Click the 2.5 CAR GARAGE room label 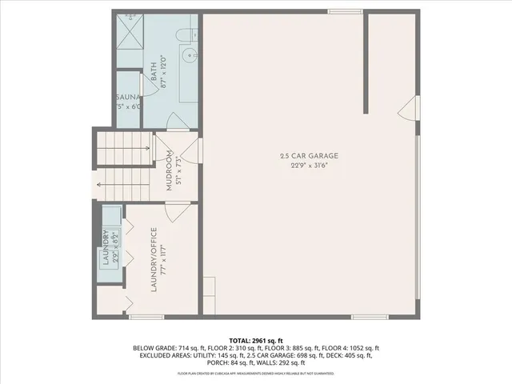click(309, 155)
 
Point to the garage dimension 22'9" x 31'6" click(309, 166)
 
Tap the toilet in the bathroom click(183, 34)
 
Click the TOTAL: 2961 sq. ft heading click(256, 340)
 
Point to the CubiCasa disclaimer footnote click(255, 374)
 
